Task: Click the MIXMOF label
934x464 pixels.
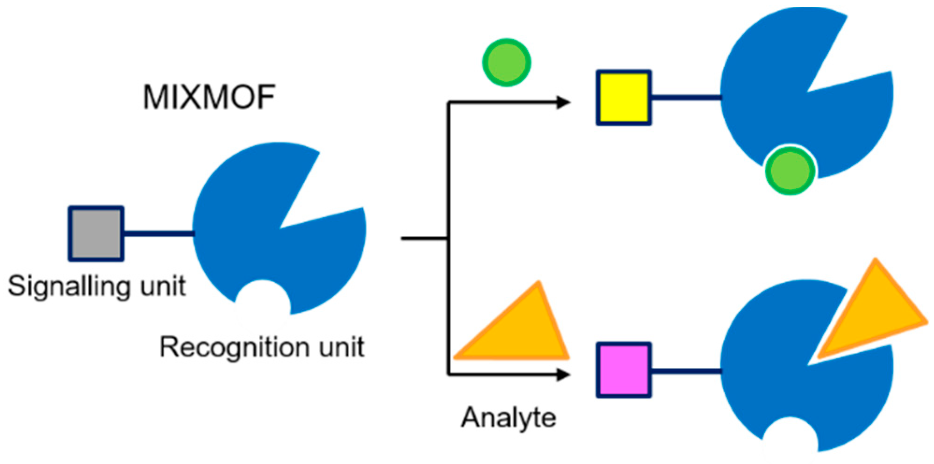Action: click(209, 97)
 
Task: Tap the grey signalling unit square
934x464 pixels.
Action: click(96, 234)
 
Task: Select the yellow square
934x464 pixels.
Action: click(624, 98)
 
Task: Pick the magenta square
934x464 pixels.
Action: click(624, 370)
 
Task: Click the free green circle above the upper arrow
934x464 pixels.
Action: click(507, 62)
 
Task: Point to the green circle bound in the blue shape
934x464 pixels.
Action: click(790, 170)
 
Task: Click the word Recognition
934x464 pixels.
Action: click(234, 348)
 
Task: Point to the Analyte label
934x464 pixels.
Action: click(509, 417)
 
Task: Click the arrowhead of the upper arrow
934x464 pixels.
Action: click(563, 102)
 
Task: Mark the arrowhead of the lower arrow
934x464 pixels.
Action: click(563, 374)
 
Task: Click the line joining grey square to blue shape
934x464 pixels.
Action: click(158, 233)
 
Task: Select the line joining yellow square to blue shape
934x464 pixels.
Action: click(686, 98)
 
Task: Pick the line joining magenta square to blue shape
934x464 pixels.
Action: click(686, 371)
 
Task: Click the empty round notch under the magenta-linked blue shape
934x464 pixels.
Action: click(790, 437)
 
